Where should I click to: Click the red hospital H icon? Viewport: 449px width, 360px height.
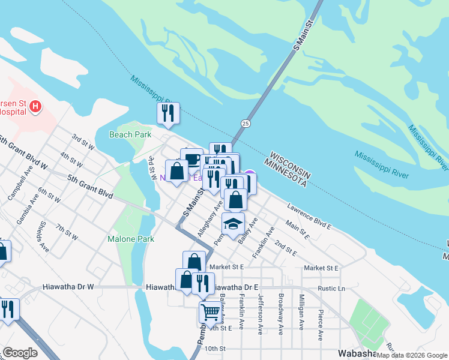pos(35,107)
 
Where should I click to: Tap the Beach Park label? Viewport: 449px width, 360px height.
pos(130,135)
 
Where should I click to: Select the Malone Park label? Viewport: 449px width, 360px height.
pos(131,239)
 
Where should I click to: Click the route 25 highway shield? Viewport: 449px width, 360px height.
pos(246,123)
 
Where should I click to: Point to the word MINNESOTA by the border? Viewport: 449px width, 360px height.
pos(285,173)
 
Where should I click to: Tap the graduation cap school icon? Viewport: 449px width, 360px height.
pos(234,224)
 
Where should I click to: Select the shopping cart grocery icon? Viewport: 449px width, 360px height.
pos(210,311)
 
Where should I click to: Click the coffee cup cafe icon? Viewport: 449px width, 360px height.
pos(191,160)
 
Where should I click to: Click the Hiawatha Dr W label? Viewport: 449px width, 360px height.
pos(68,287)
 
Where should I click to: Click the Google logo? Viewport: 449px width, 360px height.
pos(20,353)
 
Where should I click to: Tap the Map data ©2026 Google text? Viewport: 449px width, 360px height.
pos(412,355)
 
